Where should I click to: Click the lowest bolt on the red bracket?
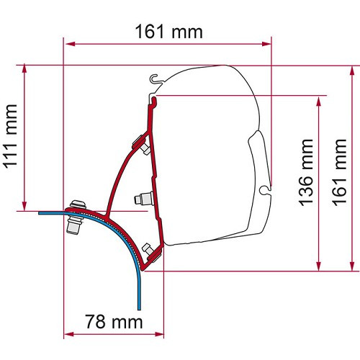151,251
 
